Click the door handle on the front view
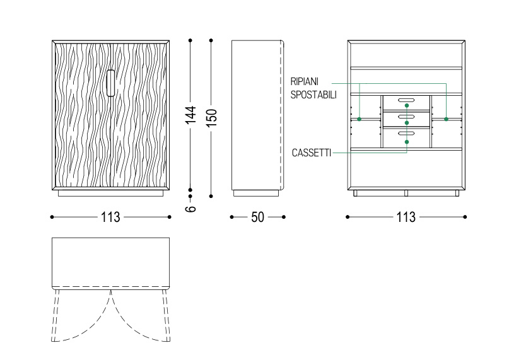pos(110,83)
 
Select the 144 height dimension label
pos(190,115)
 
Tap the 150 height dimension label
pos(212,117)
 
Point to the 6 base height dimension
pos(190,209)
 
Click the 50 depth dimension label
pos(257,217)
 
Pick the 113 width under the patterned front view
pos(110,217)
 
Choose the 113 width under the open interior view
pos(406,217)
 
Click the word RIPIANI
pos(305,81)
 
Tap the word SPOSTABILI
pos(313,95)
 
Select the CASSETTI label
pos(312,153)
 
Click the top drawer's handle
pos(406,100)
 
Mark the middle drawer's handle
pos(406,117)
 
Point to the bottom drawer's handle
pos(406,133)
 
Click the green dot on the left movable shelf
pos(359,119)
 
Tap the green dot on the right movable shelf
pos(446,119)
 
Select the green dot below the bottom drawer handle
pos(407,142)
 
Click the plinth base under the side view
pos(256,194)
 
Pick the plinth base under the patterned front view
pos(110,194)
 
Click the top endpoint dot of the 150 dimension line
pos(211,40)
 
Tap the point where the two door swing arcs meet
pos(110,291)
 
